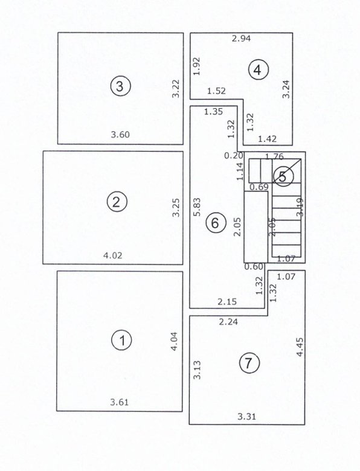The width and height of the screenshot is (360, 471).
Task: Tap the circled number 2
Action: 117,202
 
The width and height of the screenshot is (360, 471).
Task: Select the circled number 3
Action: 120,86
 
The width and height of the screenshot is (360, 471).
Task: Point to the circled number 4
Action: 258,70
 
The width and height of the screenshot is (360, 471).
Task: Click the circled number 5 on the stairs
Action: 283,175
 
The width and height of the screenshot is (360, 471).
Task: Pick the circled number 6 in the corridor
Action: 214,223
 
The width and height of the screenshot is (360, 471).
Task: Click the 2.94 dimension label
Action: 242,39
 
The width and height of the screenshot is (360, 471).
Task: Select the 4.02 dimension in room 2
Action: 113,255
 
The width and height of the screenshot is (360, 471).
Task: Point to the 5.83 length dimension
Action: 197,209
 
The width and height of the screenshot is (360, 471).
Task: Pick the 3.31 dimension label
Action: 247,416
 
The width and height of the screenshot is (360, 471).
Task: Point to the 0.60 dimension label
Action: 254,266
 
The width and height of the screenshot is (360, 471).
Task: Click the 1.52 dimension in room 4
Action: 216,91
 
